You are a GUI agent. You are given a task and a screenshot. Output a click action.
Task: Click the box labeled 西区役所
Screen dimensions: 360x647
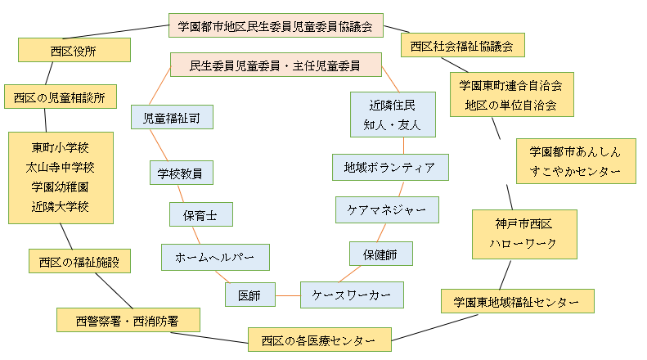(74, 50)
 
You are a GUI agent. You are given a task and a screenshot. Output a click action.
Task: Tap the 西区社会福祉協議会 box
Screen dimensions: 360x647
(462, 45)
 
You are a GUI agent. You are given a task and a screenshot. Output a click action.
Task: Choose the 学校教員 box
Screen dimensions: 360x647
(181, 173)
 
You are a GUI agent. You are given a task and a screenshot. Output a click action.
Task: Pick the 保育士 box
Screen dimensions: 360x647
(200, 214)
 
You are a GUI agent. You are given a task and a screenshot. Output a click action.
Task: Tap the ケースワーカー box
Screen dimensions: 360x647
(351, 294)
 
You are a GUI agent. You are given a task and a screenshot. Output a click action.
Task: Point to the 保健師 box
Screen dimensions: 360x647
(380, 254)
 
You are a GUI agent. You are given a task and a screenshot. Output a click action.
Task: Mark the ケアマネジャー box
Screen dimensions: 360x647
(386, 209)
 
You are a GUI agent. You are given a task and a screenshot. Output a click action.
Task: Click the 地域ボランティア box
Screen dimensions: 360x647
(390, 166)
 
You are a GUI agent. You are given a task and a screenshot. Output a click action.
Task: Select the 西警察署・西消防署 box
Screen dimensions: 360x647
(128, 320)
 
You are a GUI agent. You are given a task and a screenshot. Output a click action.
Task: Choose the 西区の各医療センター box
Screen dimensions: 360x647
(319, 338)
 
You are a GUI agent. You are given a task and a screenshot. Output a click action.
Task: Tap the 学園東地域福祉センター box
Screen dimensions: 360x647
(517, 301)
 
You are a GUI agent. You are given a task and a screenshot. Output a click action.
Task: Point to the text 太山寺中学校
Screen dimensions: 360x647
(61, 167)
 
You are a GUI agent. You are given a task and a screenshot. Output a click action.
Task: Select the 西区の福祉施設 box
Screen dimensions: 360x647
(79, 261)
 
